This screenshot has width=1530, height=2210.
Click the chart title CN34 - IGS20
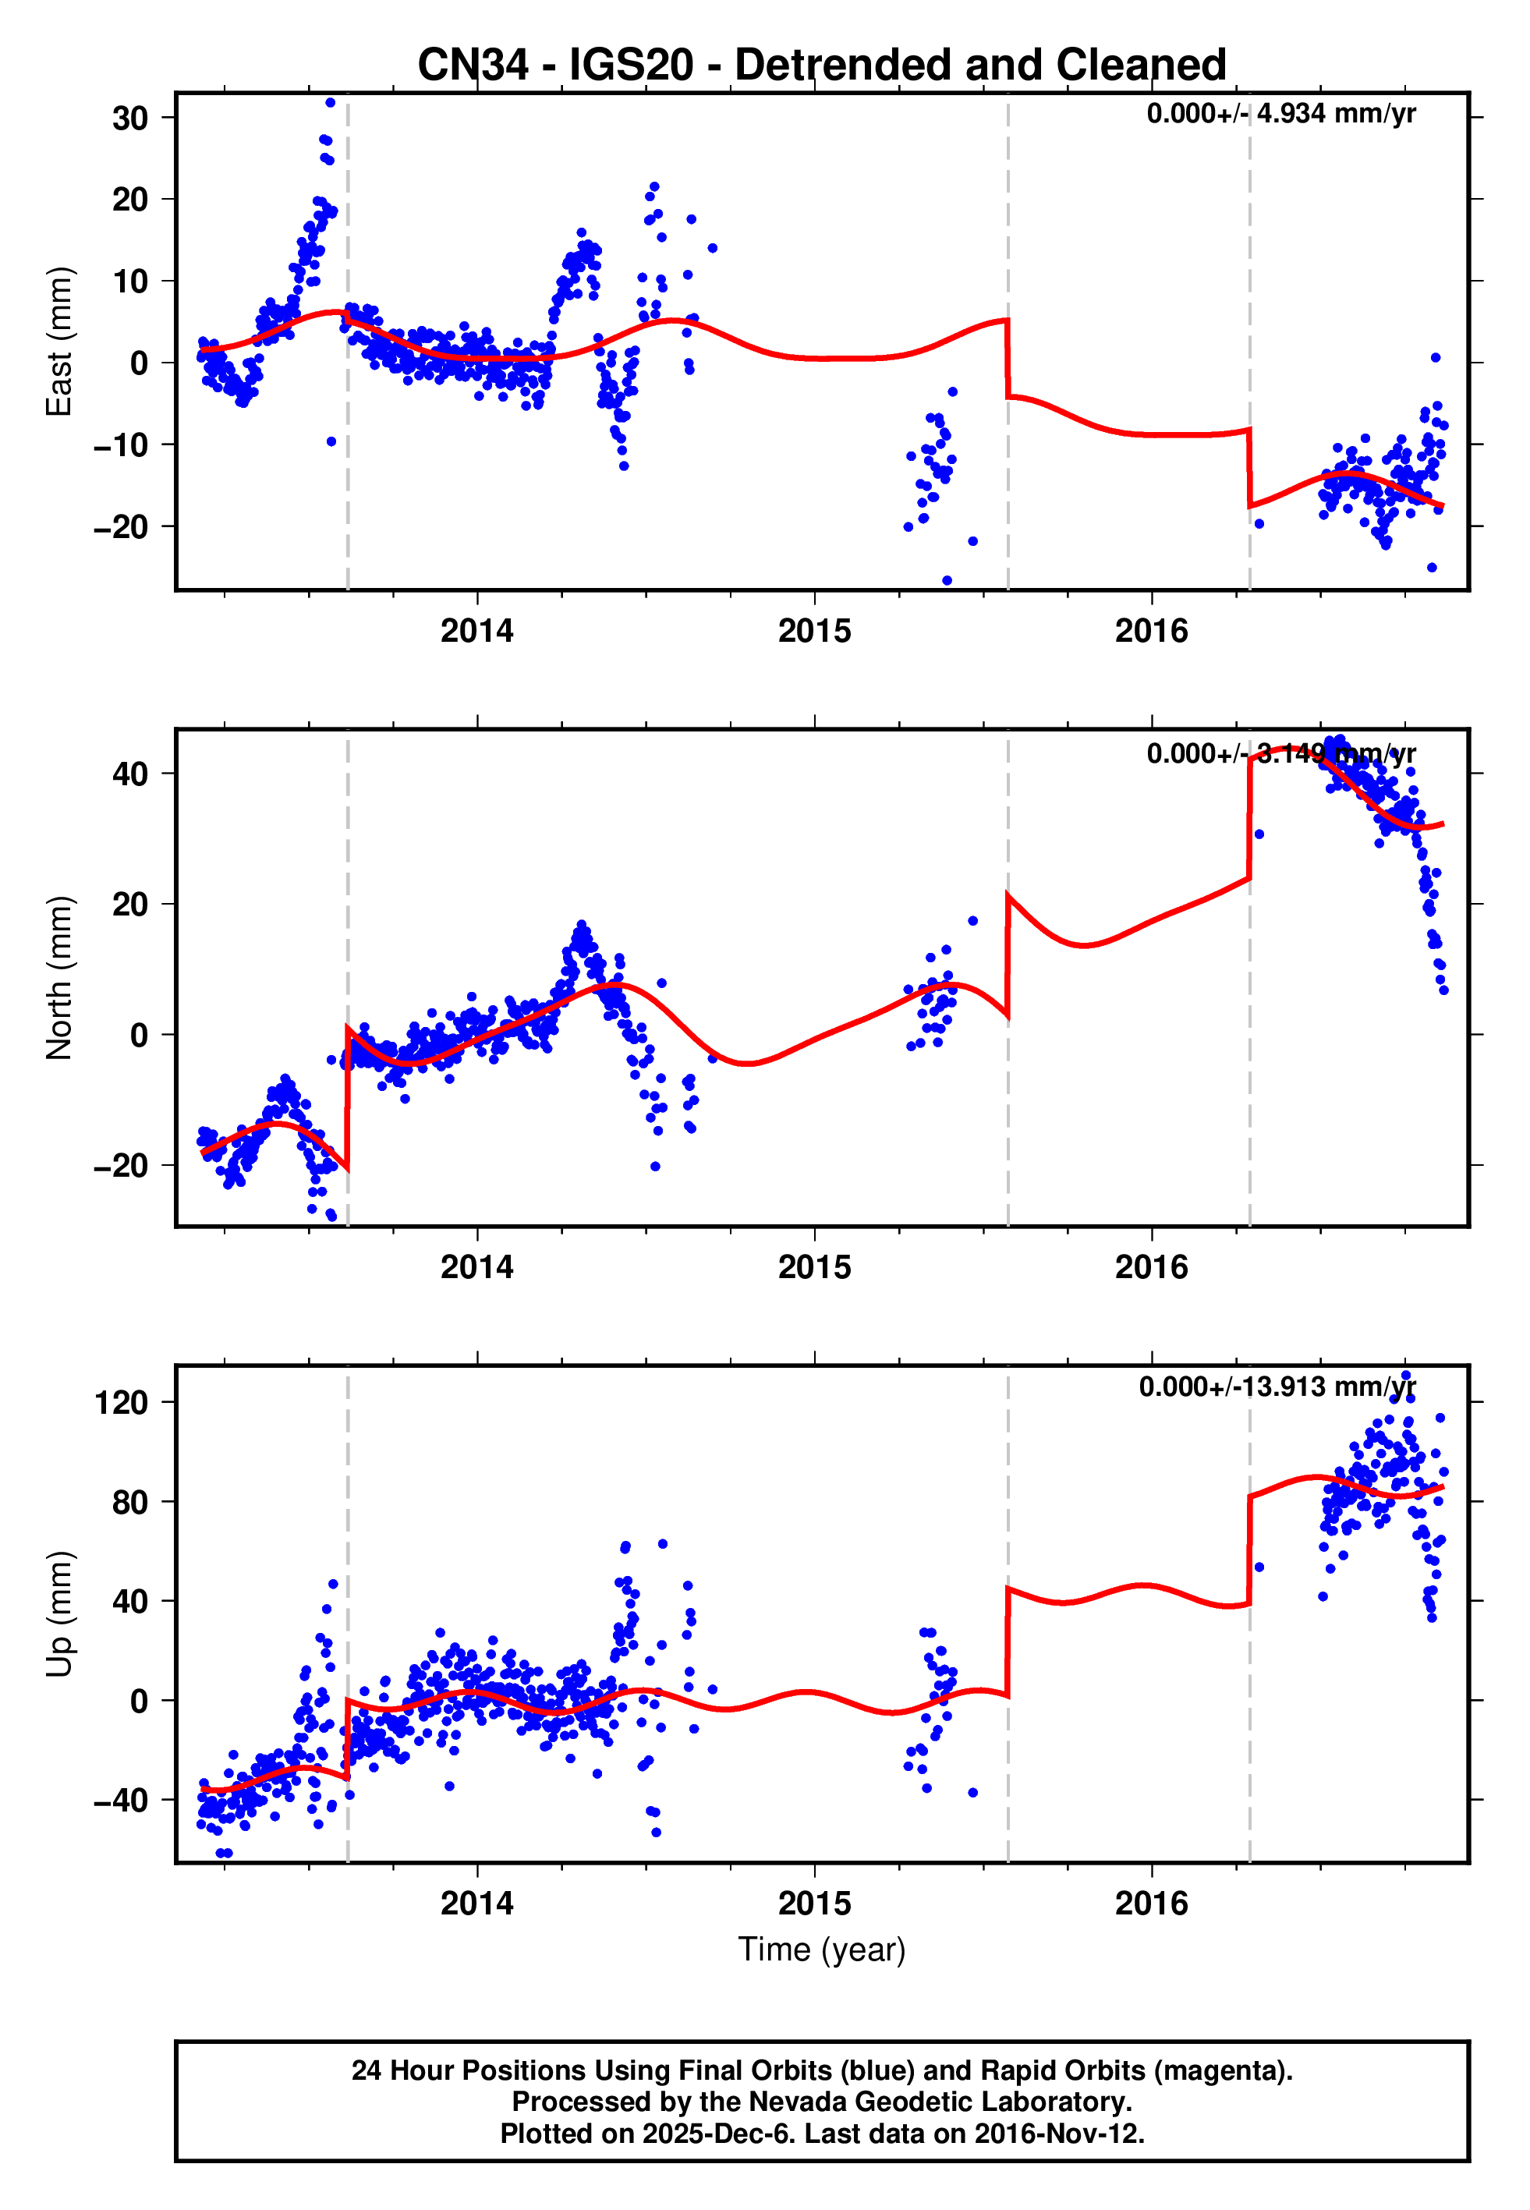tap(822, 66)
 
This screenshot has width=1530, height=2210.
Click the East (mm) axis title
tap(59, 342)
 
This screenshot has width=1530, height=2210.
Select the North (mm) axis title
tap(59, 978)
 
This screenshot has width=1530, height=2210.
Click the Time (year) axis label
tap(822, 1950)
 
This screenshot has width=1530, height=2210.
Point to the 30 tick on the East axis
tap(129, 119)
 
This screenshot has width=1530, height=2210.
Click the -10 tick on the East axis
tap(121, 445)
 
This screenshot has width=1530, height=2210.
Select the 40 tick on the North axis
tap(129, 774)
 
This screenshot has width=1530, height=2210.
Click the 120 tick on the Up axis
tap(121, 1403)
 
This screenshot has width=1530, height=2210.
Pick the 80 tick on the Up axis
tap(129, 1503)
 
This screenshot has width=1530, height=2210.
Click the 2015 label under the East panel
tap(814, 632)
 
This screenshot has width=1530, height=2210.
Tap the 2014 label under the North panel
tap(476, 1268)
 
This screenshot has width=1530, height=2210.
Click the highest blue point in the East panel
tap(330, 102)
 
